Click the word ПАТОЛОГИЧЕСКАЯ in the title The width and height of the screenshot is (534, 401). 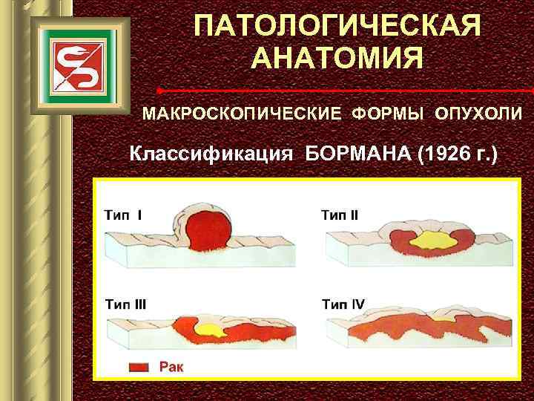click(x=337, y=26)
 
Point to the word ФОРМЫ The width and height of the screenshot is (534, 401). click(x=389, y=114)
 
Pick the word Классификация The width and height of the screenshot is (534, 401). click(x=213, y=155)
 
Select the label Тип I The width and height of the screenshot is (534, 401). click(x=124, y=215)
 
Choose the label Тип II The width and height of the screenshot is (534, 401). click(x=340, y=215)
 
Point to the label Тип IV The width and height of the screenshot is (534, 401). click(x=343, y=304)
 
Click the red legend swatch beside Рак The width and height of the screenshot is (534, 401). click(x=139, y=367)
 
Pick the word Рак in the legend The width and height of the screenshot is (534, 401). click(x=172, y=367)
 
